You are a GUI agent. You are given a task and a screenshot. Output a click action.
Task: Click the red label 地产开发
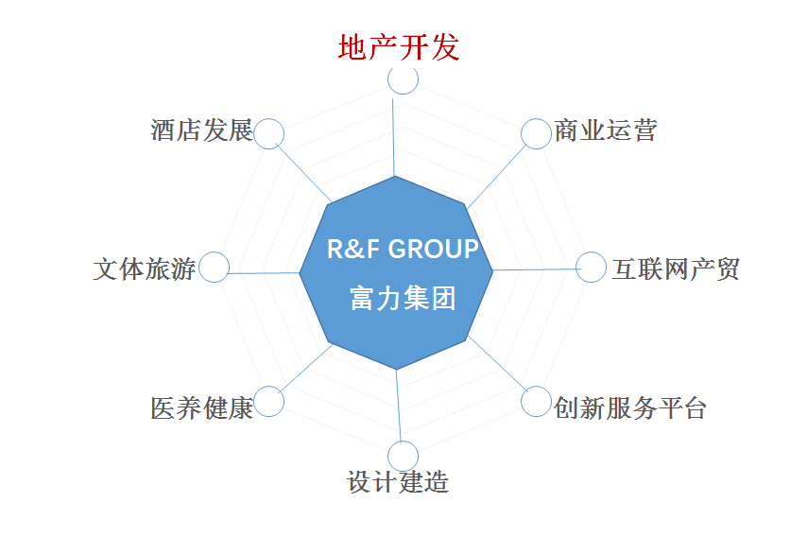coord(399,47)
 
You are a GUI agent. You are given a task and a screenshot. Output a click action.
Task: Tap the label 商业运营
coord(606,130)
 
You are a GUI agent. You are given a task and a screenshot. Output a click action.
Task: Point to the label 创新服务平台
coord(630,407)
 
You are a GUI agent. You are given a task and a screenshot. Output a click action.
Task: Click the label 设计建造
coord(398,483)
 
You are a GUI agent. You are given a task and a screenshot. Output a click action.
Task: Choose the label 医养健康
coord(201,408)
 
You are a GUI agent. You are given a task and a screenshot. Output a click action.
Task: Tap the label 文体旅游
coord(145,268)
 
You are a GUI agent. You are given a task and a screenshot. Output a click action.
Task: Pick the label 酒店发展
coord(201,130)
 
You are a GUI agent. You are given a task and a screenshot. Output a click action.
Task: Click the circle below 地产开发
coord(403,79)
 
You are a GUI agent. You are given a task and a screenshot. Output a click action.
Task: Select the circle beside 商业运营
coord(536,134)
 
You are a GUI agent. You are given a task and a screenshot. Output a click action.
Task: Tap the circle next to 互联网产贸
coord(592,268)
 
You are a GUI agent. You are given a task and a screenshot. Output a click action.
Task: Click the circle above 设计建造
coord(403,456)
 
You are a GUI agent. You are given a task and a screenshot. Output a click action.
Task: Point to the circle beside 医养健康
coord(269,402)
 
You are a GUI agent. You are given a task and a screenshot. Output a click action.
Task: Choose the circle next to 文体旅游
coord(215,268)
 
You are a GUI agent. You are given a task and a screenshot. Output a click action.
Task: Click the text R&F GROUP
coord(403,250)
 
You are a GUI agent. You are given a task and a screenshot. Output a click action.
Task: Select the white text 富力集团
coord(403,300)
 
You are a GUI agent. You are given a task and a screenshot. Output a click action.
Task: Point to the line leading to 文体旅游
coord(265,272)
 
